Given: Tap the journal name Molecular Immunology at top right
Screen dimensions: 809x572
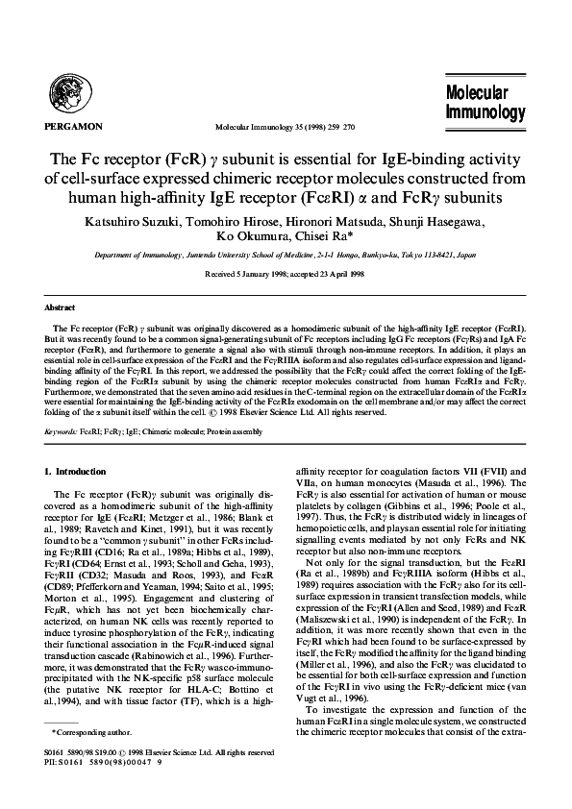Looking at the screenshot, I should (485, 103).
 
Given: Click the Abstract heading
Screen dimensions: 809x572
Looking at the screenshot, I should (61, 307).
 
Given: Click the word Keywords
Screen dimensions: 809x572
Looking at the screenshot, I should (62, 432).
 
